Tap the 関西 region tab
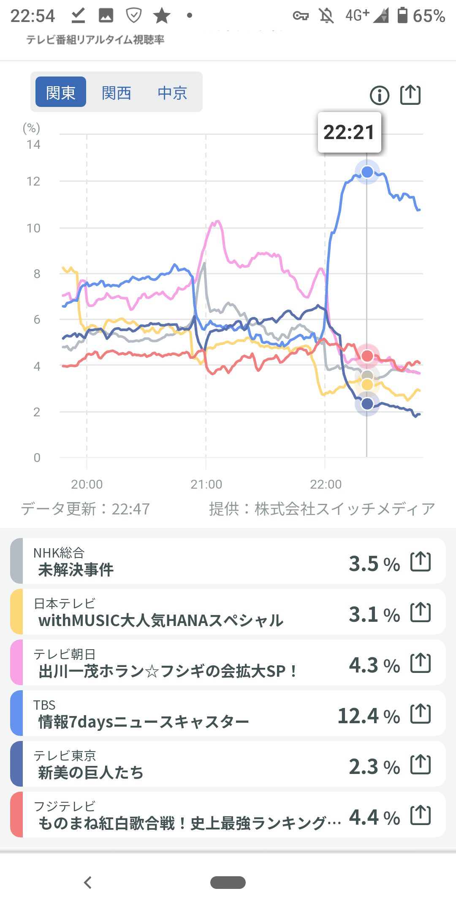pos(117,93)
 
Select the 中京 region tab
pos(172,93)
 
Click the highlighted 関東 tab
pos(61,92)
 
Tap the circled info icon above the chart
pos(379,95)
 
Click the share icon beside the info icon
pos(410,95)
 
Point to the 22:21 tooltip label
pos(349,132)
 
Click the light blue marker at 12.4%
pos(367,172)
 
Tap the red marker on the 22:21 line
pos(367,356)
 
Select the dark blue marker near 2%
pos(367,404)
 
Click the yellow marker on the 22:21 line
pos(367,385)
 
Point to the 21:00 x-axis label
pos(206,484)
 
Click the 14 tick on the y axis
pos(33,145)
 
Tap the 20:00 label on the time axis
pos(87,484)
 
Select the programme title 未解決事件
pos(76,570)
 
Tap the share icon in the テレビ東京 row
pos(421,764)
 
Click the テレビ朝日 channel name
pos(65,654)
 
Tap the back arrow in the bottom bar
pos(88,883)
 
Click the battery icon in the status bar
pos(403,15)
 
